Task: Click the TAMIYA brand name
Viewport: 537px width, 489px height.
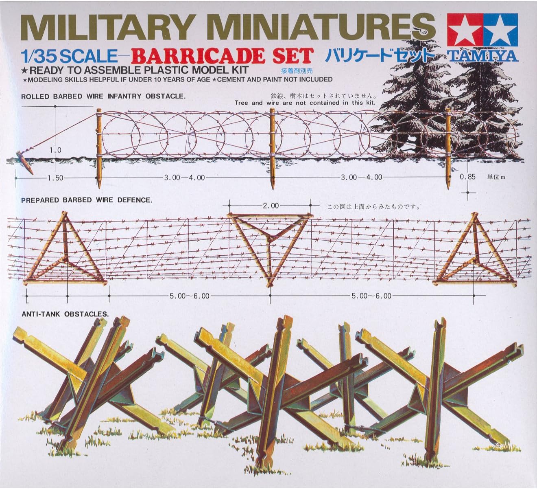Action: click(483, 55)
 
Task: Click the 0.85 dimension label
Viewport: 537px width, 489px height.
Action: click(468, 177)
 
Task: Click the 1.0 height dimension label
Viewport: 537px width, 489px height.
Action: click(55, 150)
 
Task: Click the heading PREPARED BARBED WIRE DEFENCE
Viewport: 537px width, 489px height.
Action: click(87, 200)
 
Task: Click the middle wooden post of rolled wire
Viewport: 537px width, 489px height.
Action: click(272, 147)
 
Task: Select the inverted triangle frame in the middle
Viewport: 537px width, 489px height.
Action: click(271, 244)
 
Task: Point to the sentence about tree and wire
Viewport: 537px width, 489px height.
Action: click(305, 103)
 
